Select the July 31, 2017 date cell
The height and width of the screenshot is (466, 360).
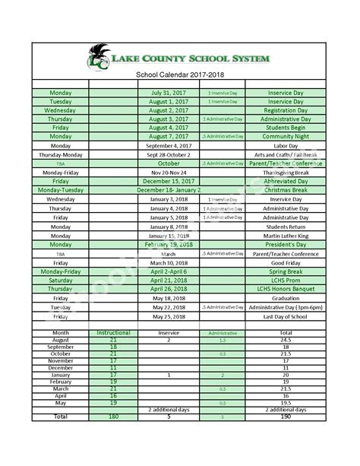[x=169, y=92]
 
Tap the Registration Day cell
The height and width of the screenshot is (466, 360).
[x=285, y=110]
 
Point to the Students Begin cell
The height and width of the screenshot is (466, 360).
[x=285, y=128]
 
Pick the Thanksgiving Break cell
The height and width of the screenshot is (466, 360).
[x=285, y=173]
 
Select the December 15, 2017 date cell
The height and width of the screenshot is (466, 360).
[x=169, y=182]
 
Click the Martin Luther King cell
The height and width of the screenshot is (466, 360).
[x=285, y=236]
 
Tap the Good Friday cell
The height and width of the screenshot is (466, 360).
[x=285, y=262]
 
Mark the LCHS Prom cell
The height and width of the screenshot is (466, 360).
[x=285, y=281]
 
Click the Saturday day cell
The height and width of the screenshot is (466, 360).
[x=60, y=281]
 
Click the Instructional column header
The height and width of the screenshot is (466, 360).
[x=114, y=333]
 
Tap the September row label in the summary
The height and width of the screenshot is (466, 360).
[x=60, y=347]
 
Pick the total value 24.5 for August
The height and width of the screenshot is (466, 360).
[x=285, y=341]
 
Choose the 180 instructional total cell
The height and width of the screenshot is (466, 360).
[x=114, y=417]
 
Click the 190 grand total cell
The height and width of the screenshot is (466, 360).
[x=285, y=417]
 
